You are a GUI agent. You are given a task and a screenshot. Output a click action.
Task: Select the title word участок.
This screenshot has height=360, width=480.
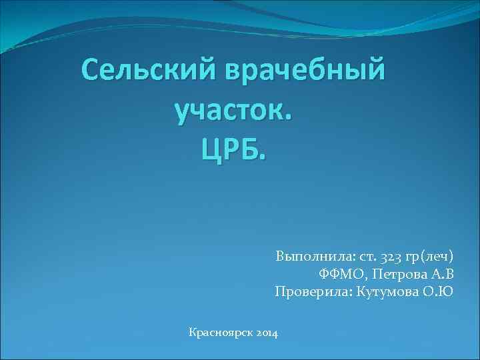click(233, 111)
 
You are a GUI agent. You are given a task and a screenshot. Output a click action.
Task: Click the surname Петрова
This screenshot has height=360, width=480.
click(397, 274)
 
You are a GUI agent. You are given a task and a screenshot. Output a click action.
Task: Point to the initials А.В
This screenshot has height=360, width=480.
click(440, 274)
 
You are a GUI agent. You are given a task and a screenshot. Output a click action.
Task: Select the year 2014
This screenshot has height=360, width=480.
click(267, 332)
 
